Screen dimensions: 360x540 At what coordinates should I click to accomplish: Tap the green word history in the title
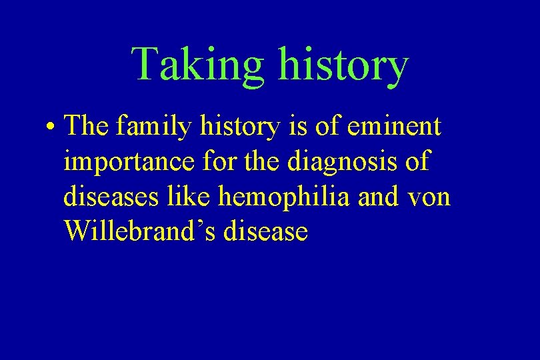point(344,65)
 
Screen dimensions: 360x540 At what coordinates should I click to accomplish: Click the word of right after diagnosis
point(418,161)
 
